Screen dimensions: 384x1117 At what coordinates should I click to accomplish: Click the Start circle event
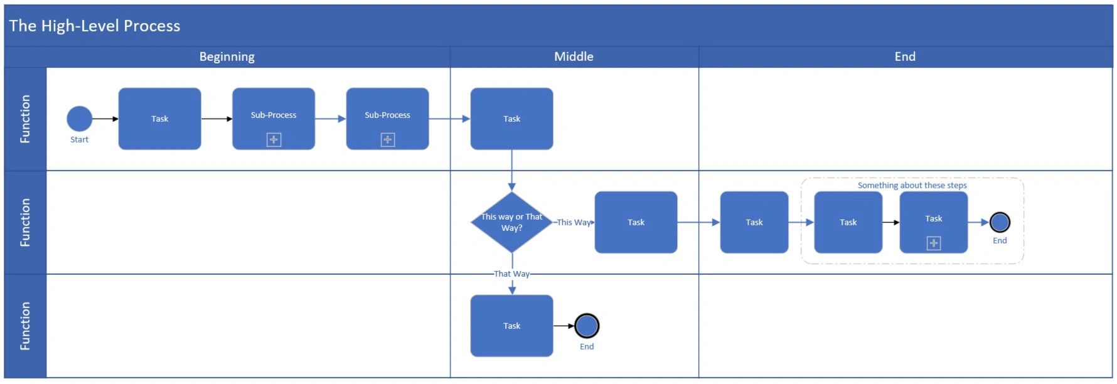(79, 119)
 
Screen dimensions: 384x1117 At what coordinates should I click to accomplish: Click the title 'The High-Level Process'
(94, 26)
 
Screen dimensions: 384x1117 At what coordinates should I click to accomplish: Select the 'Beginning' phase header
(227, 56)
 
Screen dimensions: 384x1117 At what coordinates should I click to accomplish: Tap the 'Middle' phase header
(574, 56)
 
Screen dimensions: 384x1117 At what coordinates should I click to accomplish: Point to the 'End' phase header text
(905, 56)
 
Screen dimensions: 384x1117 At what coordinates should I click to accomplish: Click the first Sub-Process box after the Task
(274, 118)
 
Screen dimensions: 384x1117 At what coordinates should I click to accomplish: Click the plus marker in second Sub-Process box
(388, 139)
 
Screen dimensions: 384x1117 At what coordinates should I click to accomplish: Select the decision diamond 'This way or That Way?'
(511, 222)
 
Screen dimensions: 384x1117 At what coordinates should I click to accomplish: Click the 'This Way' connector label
(574, 222)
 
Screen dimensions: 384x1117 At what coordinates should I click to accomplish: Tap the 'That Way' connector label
(511, 274)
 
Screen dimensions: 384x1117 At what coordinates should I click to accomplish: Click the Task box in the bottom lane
(511, 326)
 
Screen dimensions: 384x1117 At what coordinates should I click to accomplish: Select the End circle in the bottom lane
(587, 326)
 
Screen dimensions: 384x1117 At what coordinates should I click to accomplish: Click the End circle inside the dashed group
(1000, 222)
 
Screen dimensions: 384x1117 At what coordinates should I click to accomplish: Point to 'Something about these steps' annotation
(912, 185)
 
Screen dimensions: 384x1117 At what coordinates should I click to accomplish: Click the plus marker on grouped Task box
(934, 243)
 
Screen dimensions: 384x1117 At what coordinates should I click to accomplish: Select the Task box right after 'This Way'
(636, 222)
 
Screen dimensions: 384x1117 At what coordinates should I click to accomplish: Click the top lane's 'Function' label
(25, 119)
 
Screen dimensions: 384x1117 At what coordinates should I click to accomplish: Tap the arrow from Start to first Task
(105, 119)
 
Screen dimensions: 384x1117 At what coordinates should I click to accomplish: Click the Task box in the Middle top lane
(511, 119)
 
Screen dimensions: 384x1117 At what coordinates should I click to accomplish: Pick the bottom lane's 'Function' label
(25, 326)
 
